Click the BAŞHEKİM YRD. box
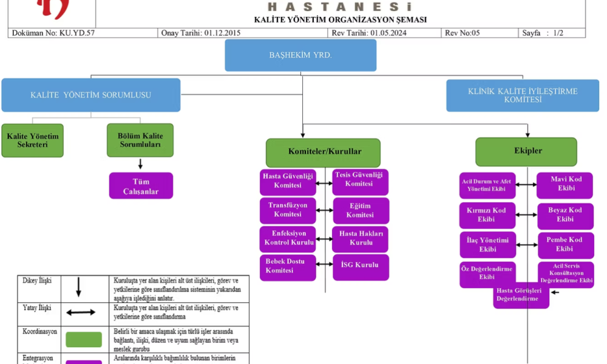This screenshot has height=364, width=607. (x=300, y=55)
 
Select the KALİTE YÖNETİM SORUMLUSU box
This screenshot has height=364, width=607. (x=91, y=95)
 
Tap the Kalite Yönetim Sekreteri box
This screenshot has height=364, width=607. (x=32, y=141)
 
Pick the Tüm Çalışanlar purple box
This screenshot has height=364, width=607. (x=141, y=186)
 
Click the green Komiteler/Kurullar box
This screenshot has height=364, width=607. (x=323, y=152)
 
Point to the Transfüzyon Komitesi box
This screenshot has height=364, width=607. (x=288, y=210)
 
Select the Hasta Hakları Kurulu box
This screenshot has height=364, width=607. (x=361, y=238)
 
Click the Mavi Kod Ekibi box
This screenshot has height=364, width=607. (x=565, y=184)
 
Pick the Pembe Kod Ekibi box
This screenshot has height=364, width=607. (x=565, y=244)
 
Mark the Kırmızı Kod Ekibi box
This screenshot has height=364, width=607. (x=487, y=215)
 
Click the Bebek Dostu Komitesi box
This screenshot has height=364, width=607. (x=288, y=267)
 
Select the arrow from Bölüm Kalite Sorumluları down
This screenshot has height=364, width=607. (x=141, y=164)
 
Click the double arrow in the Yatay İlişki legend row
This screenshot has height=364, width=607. (x=80, y=312)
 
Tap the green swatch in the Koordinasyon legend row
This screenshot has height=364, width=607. (x=84, y=340)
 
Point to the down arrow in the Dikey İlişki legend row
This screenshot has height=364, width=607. (x=79, y=288)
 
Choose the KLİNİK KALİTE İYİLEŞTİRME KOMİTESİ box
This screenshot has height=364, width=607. (x=523, y=95)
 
